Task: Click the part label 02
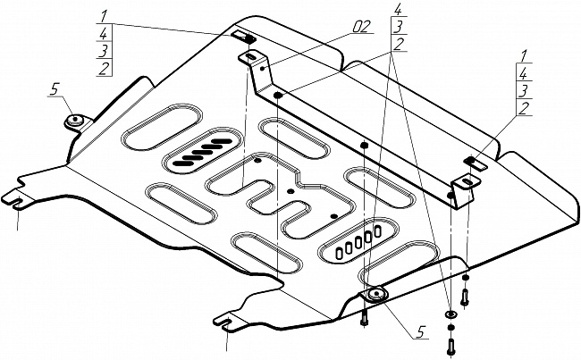coord(360,27)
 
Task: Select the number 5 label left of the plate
coord(55,88)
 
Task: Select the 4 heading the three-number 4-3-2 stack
coord(396,10)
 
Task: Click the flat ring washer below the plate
coord(450,315)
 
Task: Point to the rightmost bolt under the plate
coord(465,289)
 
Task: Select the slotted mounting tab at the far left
coord(20,197)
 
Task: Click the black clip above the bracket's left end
coord(244,38)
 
